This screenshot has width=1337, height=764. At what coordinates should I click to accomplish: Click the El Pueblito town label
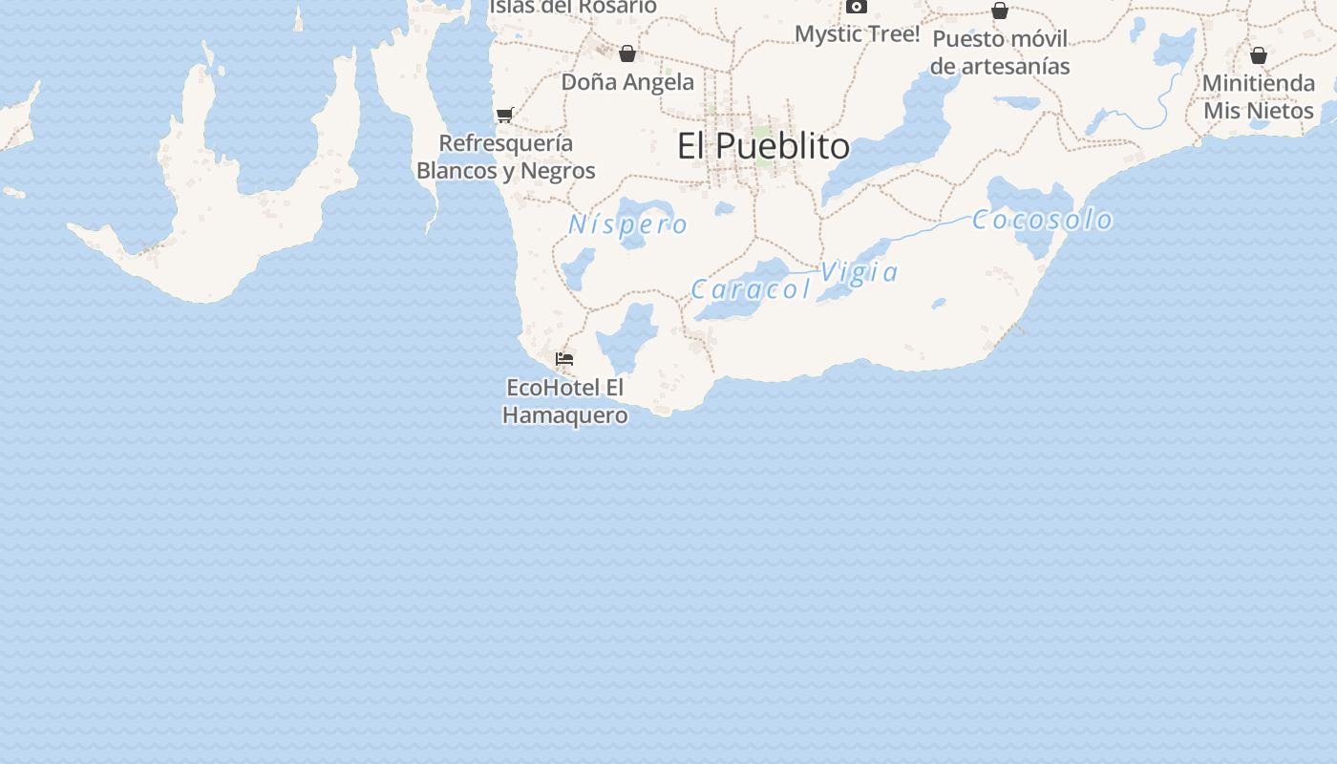(x=763, y=146)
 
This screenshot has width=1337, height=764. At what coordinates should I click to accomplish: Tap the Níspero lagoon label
(x=627, y=224)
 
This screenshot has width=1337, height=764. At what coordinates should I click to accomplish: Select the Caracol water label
(x=751, y=288)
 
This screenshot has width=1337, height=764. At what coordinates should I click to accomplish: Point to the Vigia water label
(x=859, y=272)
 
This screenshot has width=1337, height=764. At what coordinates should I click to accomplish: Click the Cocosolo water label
(x=1042, y=220)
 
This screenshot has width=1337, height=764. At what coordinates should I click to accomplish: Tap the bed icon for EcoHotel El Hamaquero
(x=564, y=359)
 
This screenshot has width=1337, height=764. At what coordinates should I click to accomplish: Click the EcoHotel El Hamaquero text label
(x=565, y=401)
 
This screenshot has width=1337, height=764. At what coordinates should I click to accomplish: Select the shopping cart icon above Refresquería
(x=504, y=115)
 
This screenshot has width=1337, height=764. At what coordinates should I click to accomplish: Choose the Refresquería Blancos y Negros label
(x=506, y=157)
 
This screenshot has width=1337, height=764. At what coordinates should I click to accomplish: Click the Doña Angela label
(x=627, y=82)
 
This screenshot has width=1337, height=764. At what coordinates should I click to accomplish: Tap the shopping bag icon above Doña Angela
(x=627, y=53)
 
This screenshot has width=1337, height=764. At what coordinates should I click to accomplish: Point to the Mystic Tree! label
(x=857, y=34)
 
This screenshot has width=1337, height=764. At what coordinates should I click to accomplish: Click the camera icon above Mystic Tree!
(x=857, y=7)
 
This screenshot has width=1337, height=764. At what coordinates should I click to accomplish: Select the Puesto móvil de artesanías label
(x=1000, y=53)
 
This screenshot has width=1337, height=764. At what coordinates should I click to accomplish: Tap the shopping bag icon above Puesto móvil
(x=1000, y=11)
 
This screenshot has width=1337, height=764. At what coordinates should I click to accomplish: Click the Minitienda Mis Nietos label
(x=1258, y=96)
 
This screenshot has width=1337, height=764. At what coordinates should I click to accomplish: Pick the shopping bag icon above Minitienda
(x=1259, y=55)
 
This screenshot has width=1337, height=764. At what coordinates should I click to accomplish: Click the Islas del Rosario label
(x=573, y=7)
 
